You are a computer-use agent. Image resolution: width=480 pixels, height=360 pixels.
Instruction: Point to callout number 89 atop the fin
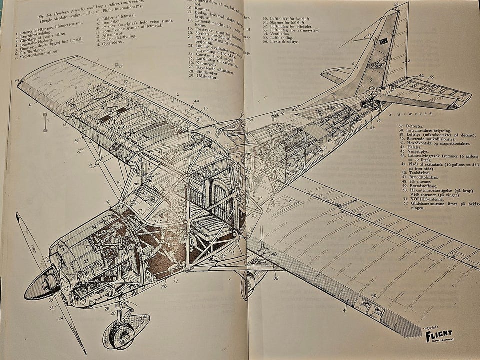point(396,5)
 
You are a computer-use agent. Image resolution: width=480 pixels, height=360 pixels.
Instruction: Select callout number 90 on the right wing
point(373,296)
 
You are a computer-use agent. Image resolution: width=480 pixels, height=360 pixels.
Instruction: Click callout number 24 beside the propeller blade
point(61,318)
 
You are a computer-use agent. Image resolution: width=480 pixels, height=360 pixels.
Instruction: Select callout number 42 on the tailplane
point(421,76)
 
